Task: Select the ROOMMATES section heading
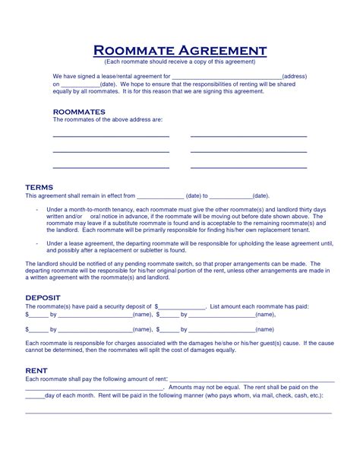pos(78,111)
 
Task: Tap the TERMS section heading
pos(39,186)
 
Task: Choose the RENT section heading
pos(37,370)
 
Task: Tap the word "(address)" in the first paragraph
pos(295,77)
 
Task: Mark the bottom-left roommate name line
pos(110,167)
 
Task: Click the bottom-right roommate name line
pos(248,167)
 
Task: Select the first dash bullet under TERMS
pos(36,209)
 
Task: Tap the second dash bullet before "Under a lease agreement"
pos(36,243)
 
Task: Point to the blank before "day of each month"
pos(35,398)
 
